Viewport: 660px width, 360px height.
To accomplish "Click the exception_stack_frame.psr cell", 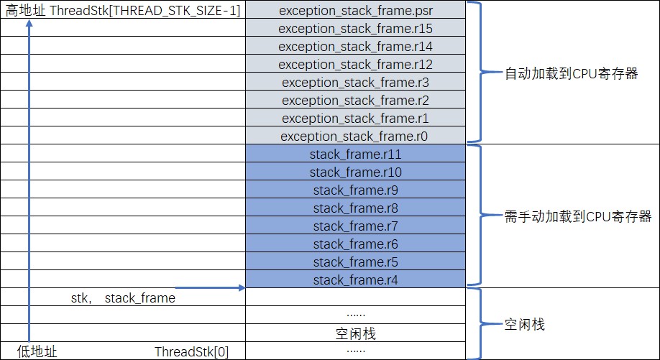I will click(355, 10).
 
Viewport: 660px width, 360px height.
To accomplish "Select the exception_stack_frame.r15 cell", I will click(355, 28).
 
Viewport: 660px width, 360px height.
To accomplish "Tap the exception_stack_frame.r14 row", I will click(355, 46).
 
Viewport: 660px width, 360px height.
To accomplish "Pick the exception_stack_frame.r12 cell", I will click(355, 64).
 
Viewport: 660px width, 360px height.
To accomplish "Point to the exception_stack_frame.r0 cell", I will click(355, 136).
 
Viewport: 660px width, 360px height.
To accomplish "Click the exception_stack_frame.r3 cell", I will click(355, 82).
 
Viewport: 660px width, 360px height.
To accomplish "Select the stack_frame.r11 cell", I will click(355, 154).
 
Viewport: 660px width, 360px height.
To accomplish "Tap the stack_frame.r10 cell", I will click(355, 172).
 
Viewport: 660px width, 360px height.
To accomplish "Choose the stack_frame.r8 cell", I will click(355, 208).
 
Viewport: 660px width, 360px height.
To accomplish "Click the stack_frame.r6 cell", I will click(355, 244).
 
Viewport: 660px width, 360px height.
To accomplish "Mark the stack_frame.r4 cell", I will click(355, 280).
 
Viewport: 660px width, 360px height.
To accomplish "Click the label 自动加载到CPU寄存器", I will click(572, 73).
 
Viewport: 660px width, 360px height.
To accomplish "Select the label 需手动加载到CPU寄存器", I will click(578, 216).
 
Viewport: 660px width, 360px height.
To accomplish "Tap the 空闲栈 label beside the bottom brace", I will click(525, 325).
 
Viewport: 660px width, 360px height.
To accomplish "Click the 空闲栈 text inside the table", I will click(355, 333).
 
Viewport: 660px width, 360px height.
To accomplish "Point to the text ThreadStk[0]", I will click(192, 351).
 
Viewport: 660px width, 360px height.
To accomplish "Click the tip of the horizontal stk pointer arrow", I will click(243, 288).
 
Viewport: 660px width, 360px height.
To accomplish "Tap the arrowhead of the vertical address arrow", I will click(29, 22).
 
